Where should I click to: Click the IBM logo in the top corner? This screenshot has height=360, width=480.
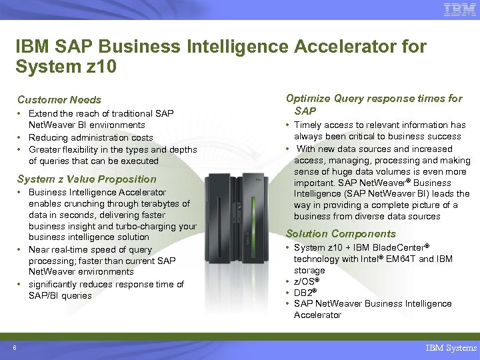pos(459,9)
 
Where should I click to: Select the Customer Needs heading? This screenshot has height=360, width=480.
pos(59,99)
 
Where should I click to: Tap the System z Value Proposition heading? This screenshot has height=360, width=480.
pos(87,179)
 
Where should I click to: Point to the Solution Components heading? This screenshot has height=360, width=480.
pos(341,233)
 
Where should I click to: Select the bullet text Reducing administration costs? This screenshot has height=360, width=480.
pos(91,137)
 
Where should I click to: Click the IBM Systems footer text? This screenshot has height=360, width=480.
pos(452,347)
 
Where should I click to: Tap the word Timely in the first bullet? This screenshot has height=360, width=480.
pos(307,125)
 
